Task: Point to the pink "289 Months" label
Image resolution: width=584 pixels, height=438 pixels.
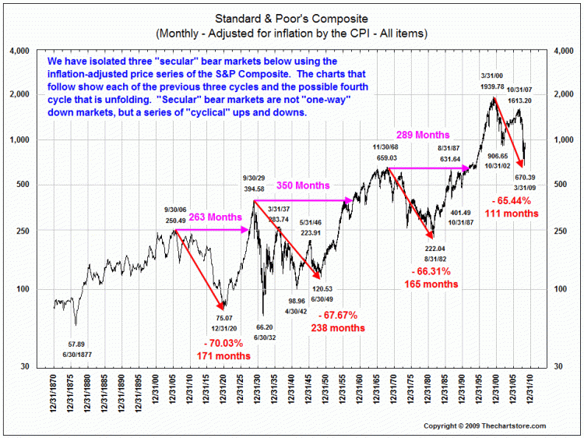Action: pos(424,134)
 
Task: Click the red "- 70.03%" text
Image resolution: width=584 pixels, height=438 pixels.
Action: pos(224,342)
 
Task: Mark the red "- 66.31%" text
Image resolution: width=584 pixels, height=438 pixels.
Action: pos(430,272)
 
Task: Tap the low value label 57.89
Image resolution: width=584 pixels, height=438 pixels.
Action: pos(76,343)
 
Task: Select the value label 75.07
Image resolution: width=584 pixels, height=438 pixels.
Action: pos(223,317)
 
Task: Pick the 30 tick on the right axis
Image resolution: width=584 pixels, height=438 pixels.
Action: pos(558,366)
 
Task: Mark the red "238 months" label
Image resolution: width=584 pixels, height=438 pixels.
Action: pos(338,328)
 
